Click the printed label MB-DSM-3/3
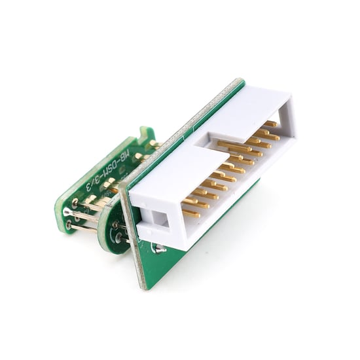pos(119,169)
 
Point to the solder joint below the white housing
pos(157,248)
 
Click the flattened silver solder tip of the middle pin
pos(67,212)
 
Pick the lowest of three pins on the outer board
pos(69,226)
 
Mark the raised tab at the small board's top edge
pos(147,134)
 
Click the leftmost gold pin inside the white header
pos(190,213)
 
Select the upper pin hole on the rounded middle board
pos(115,225)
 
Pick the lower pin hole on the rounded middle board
pos(118,240)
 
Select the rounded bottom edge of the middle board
pos(108,247)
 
